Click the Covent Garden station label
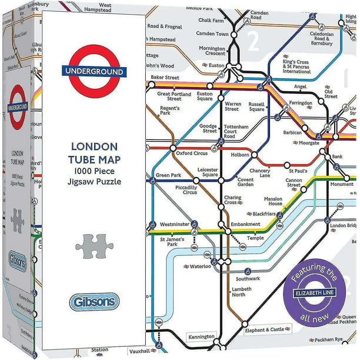tap(245, 181)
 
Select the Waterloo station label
tap(200, 265)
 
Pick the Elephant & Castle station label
tap(269, 330)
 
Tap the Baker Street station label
tap(165, 77)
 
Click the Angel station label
tap(301, 86)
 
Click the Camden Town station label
tap(212, 34)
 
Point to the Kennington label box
tap(201, 336)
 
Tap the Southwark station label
tap(247, 278)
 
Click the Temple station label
tap(255, 238)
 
